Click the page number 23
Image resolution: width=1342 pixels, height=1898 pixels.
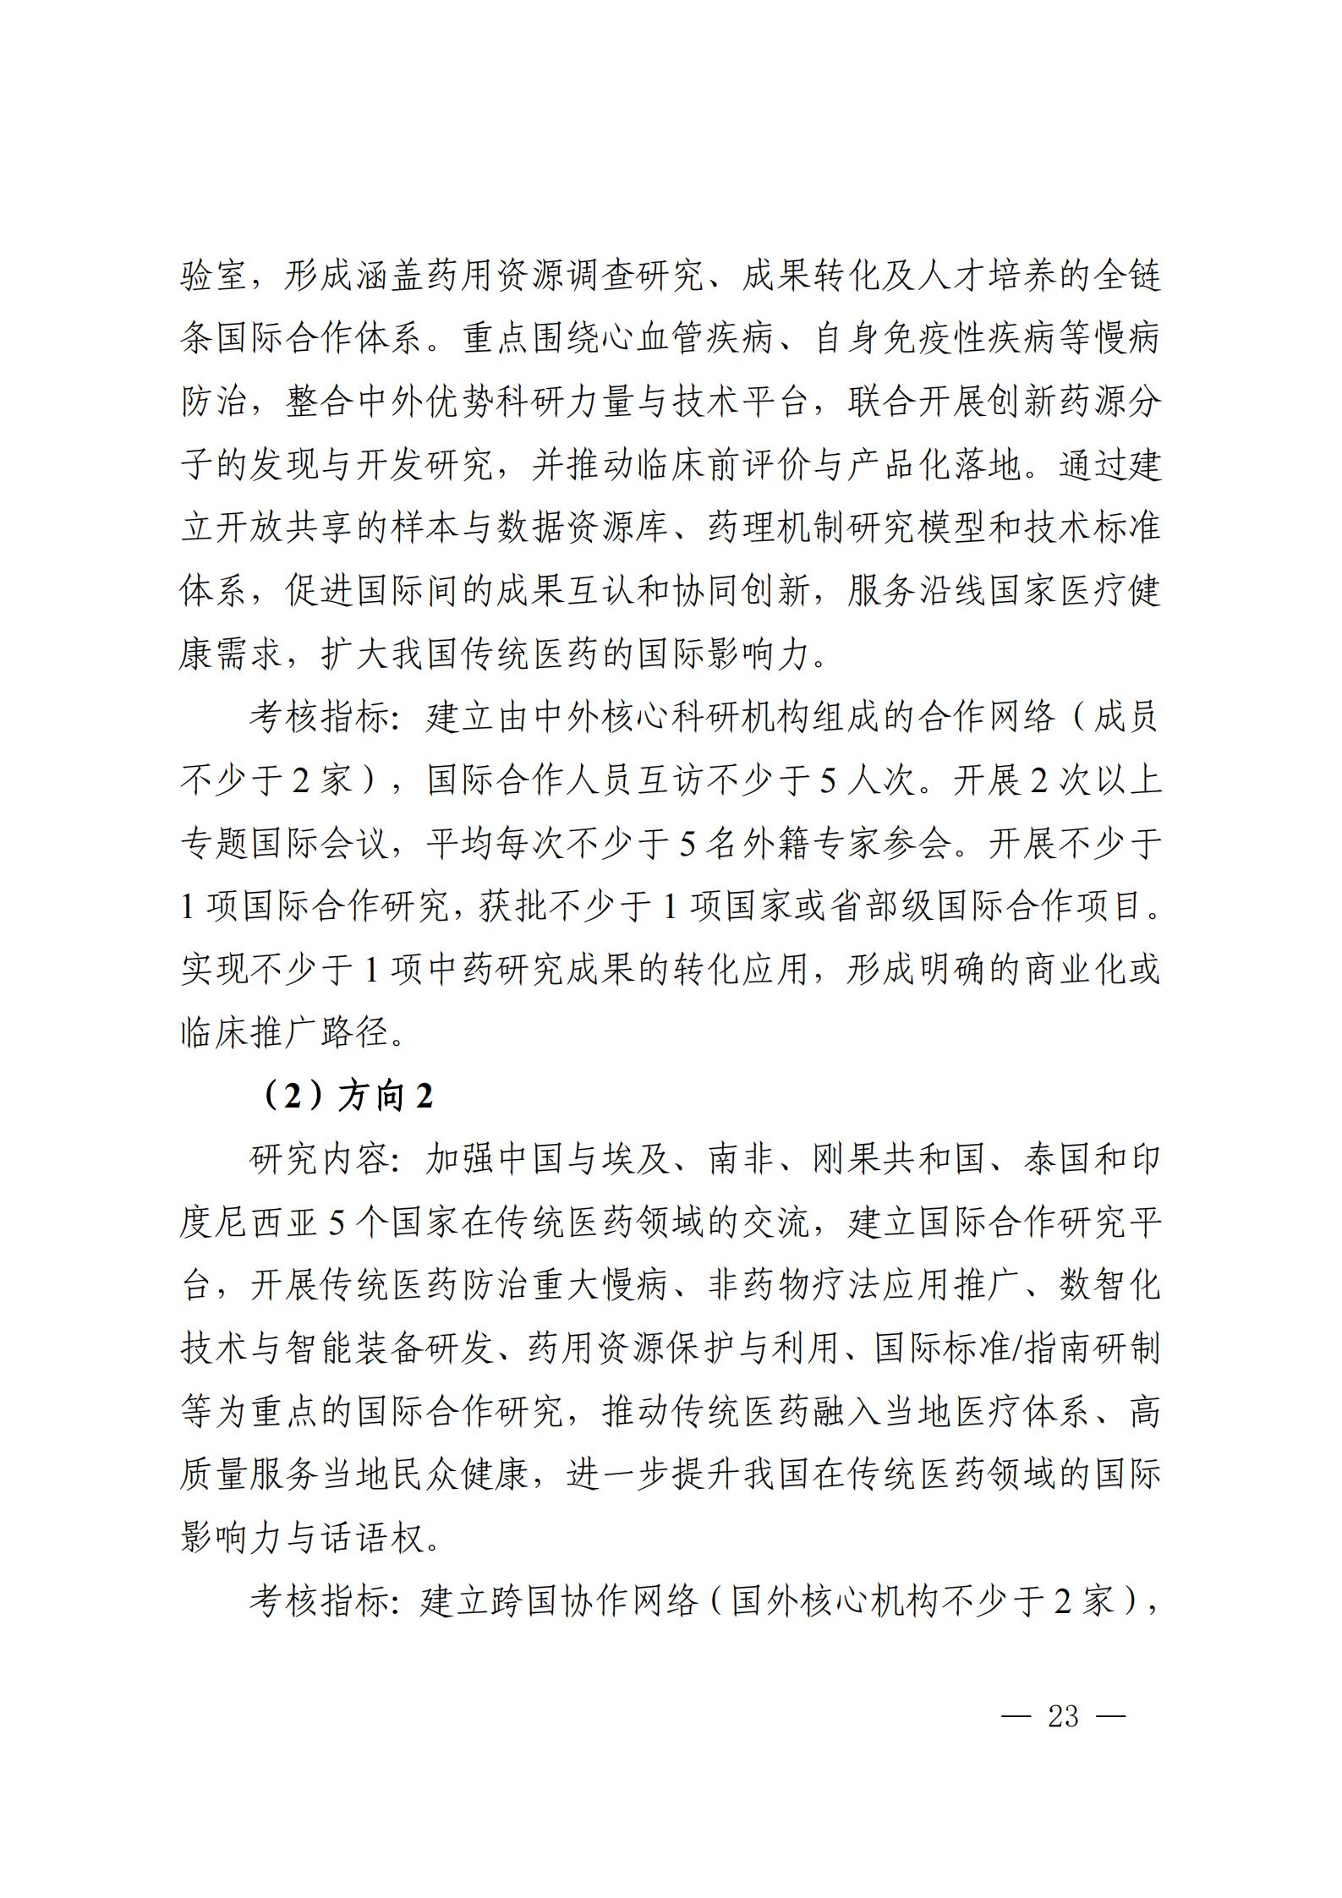pos(1063,1716)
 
